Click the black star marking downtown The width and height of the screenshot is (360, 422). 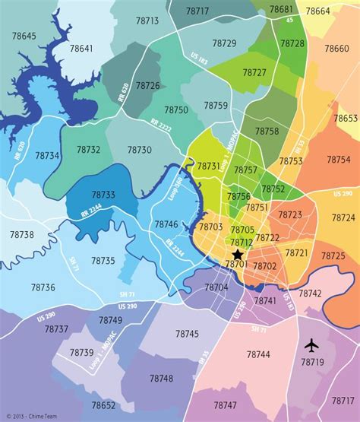tap(238, 254)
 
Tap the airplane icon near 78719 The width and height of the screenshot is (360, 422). tap(311, 345)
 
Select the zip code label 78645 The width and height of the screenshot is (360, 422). tap(24, 36)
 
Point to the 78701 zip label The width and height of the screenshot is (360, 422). tap(236, 264)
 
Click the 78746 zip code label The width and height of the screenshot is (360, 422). tap(166, 224)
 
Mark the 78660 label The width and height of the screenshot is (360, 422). tap(336, 48)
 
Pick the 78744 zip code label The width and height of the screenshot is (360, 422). tap(258, 354)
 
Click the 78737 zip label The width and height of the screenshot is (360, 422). tap(56, 329)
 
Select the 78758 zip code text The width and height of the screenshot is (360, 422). tap(267, 132)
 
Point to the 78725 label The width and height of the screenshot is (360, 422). tap(333, 256)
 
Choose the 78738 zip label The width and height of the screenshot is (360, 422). tap(22, 235)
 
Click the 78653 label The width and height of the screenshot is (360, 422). tap(346, 119)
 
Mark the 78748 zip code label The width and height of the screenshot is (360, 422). tap(161, 378)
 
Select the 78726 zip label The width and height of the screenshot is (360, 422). tap(148, 86)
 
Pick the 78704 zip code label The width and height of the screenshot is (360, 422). tap(216, 287)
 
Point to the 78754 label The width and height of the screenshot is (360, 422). tap(339, 160)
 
